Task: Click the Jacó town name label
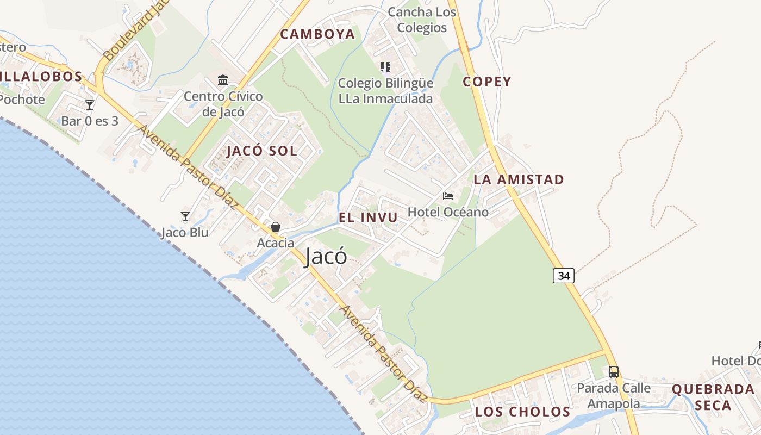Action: click(326, 256)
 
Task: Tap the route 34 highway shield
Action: click(564, 276)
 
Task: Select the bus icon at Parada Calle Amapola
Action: click(614, 372)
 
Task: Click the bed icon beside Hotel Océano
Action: click(448, 196)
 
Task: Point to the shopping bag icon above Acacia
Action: click(276, 227)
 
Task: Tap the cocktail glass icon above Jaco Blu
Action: click(185, 216)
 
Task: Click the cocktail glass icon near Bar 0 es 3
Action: click(90, 104)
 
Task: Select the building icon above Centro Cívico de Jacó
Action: click(223, 80)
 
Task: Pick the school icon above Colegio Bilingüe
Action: click(385, 67)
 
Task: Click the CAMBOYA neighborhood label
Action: click(317, 34)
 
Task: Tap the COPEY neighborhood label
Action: click(487, 82)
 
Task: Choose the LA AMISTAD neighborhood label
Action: click(519, 179)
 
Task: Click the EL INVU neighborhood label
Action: click(368, 217)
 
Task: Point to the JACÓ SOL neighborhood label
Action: click(262, 151)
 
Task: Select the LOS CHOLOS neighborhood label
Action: click(522, 412)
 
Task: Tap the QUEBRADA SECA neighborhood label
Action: click(713, 397)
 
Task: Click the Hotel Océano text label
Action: click(448, 212)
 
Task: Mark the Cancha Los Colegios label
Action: click(422, 20)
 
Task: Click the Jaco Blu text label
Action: click(185, 233)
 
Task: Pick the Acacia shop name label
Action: click(276, 243)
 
